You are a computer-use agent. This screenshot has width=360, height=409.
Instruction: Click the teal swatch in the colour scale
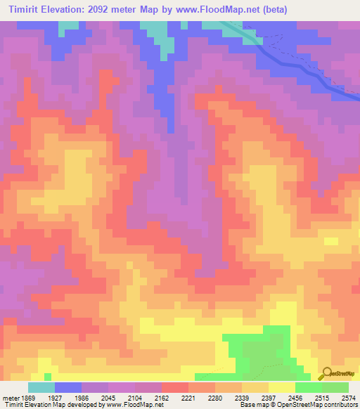click(41, 387)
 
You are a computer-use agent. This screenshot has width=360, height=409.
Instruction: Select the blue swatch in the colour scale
click(68, 387)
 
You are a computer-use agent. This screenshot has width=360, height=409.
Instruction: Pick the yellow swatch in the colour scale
click(282, 387)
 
